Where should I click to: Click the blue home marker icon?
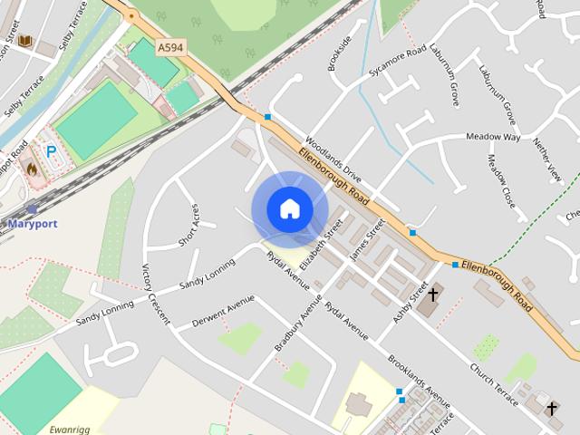[x=289, y=209]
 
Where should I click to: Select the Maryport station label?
[x=33, y=223]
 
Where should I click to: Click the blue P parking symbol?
[x=52, y=152]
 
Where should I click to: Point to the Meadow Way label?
[x=493, y=137]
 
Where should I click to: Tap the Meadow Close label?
[x=502, y=179]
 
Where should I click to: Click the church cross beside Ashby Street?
[x=433, y=295]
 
